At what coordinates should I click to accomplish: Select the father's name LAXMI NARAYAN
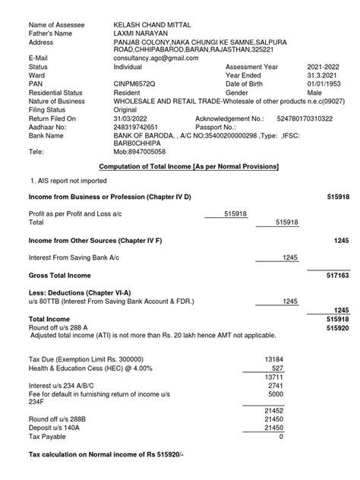pyautogui.click(x=139, y=33)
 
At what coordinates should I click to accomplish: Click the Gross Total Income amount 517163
pyautogui.click(x=337, y=275)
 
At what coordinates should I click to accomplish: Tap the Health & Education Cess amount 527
pyautogui.click(x=277, y=367)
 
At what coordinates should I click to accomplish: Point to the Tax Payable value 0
pyautogui.click(x=281, y=437)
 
